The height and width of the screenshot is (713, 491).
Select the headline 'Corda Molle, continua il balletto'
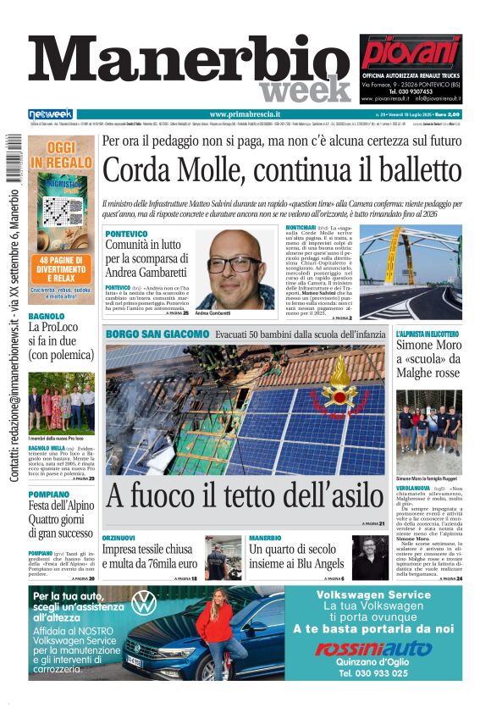(284, 172)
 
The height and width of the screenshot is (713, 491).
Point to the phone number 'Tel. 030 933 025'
(373, 672)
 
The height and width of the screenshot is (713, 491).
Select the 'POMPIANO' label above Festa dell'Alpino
(48, 494)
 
